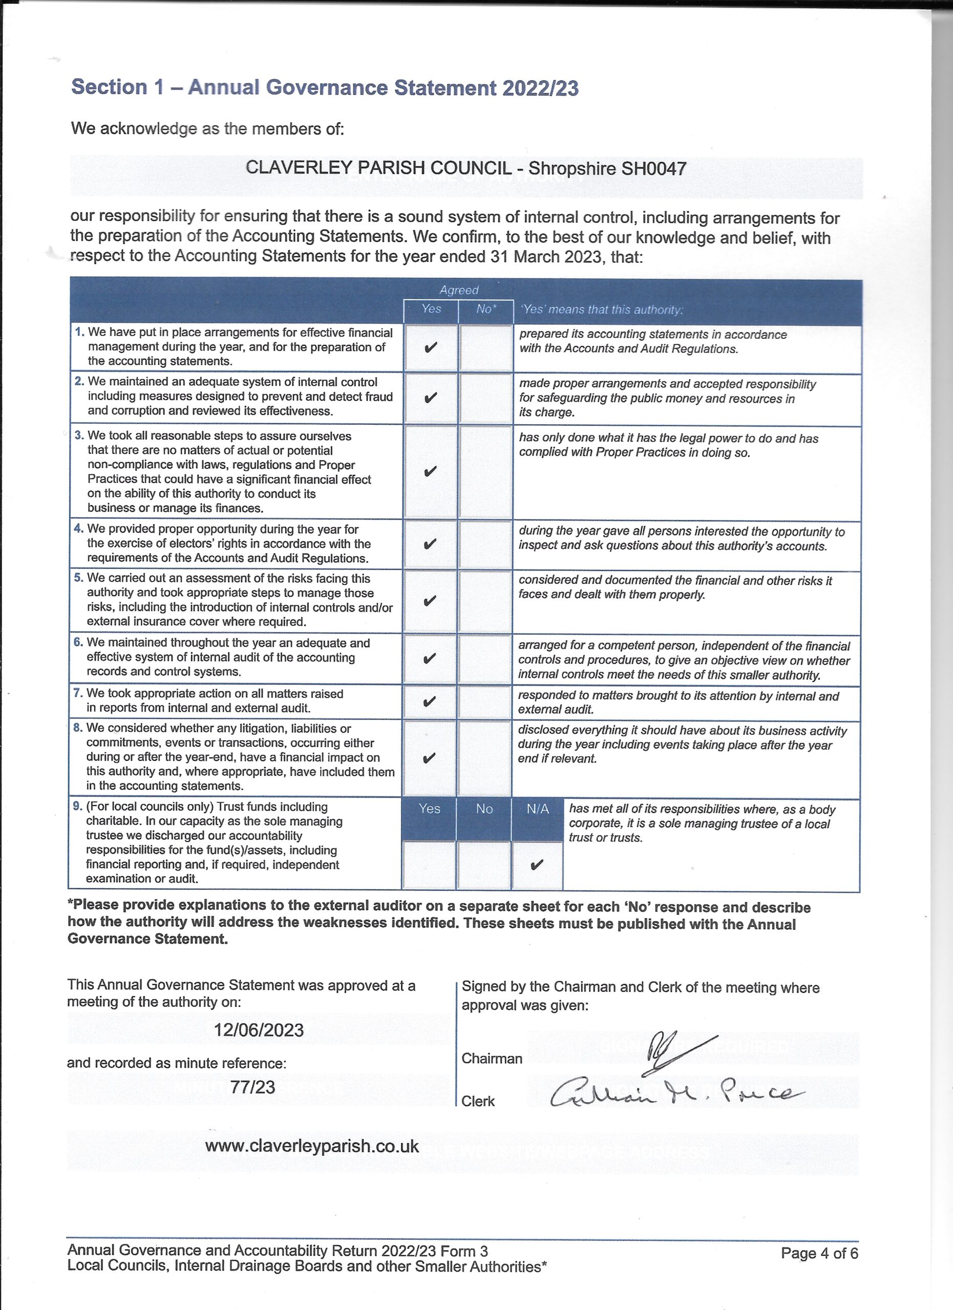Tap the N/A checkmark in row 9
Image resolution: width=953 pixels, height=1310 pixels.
[x=536, y=865]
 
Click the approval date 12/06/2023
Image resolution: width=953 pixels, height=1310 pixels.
[x=259, y=1030]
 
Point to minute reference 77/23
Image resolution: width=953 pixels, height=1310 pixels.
[x=252, y=1087]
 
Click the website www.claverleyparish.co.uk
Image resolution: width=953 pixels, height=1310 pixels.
[x=312, y=1147]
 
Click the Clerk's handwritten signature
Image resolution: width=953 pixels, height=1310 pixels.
[x=676, y=1094]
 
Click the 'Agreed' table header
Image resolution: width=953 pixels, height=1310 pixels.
[x=459, y=290]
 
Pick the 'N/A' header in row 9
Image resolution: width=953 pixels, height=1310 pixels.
[x=538, y=809]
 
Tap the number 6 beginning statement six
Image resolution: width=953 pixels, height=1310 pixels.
[x=77, y=642]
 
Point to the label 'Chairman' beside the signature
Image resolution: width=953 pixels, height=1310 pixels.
[x=492, y=1058]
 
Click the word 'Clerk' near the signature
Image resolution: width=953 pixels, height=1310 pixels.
[x=478, y=1101]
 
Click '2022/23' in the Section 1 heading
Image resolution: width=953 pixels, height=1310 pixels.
[x=540, y=88]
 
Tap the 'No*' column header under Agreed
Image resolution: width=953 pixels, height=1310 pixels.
[x=486, y=309]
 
